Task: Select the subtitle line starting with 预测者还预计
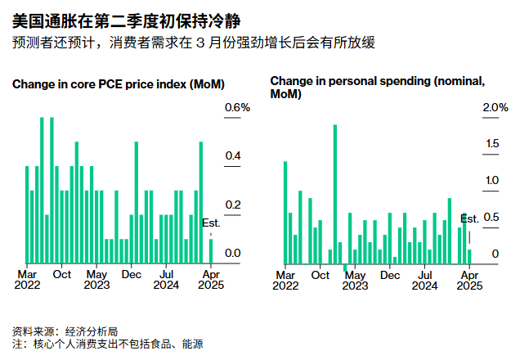click(x=194, y=42)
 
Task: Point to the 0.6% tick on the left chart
click(x=237, y=108)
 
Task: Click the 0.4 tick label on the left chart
click(x=232, y=156)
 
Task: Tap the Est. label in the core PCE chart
click(x=211, y=223)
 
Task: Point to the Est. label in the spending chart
click(x=469, y=218)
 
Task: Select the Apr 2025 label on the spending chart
click(x=468, y=280)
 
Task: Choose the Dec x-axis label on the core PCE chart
click(x=131, y=274)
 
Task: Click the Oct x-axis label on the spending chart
click(x=321, y=274)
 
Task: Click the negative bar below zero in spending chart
click(x=345, y=268)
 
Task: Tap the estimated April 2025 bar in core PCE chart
click(x=211, y=251)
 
